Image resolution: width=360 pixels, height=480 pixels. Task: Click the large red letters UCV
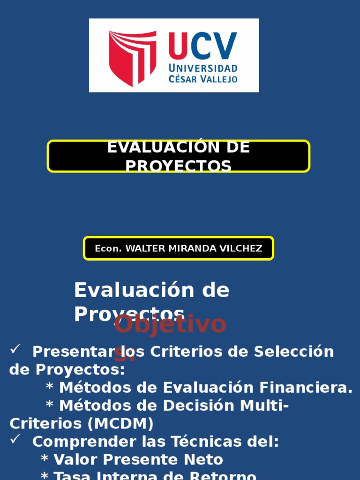(202, 47)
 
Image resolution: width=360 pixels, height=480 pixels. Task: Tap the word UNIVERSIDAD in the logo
(202, 68)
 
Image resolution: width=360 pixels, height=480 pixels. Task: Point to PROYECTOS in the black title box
(178, 166)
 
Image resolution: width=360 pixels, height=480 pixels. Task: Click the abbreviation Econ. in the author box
(108, 248)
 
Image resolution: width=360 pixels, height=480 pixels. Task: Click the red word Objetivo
(170, 324)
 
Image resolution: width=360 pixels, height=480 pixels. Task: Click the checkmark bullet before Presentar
(15, 349)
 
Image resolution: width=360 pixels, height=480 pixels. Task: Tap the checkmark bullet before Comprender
(15, 439)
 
